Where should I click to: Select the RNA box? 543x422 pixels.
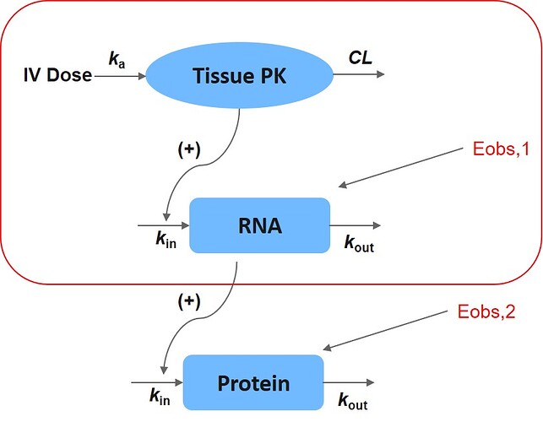coord(259,225)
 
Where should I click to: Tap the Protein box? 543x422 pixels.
coord(253,383)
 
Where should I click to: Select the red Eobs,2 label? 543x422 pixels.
coord(478,314)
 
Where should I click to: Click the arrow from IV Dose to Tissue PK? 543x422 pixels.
coord(121,75)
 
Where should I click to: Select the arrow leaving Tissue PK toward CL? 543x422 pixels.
coord(359,74)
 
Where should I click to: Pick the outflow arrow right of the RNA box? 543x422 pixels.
coord(356,226)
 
